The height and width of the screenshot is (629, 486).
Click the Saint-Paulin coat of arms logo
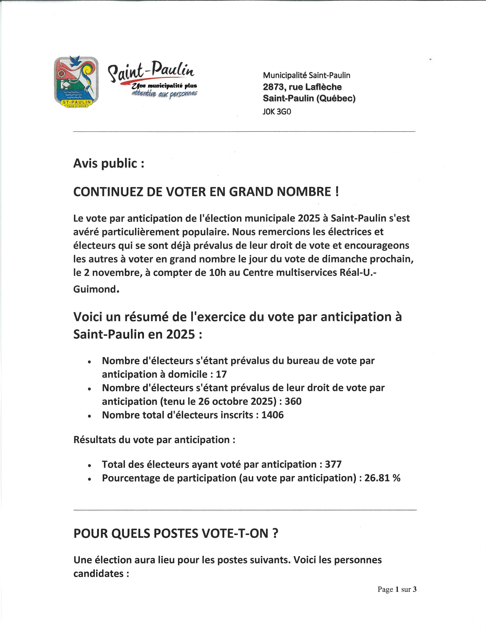(76, 82)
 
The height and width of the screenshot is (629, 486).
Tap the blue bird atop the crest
(76, 61)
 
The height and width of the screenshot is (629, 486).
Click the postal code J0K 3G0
(277, 112)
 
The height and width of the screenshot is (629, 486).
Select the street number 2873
(273, 87)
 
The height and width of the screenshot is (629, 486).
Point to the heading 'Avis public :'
(109, 164)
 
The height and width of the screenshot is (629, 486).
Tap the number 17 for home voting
(221, 375)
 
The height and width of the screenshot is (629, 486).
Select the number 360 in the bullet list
(293, 401)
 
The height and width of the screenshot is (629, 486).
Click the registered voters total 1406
(272, 415)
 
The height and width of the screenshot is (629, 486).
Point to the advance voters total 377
(333, 465)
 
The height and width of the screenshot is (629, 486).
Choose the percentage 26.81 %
(382, 478)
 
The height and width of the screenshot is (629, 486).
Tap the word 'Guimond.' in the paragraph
(96, 289)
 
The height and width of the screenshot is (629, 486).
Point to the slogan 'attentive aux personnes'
(164, 93)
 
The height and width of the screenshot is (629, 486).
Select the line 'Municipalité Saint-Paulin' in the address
(306, 75)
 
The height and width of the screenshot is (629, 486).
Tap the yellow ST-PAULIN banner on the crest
(76, 102)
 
